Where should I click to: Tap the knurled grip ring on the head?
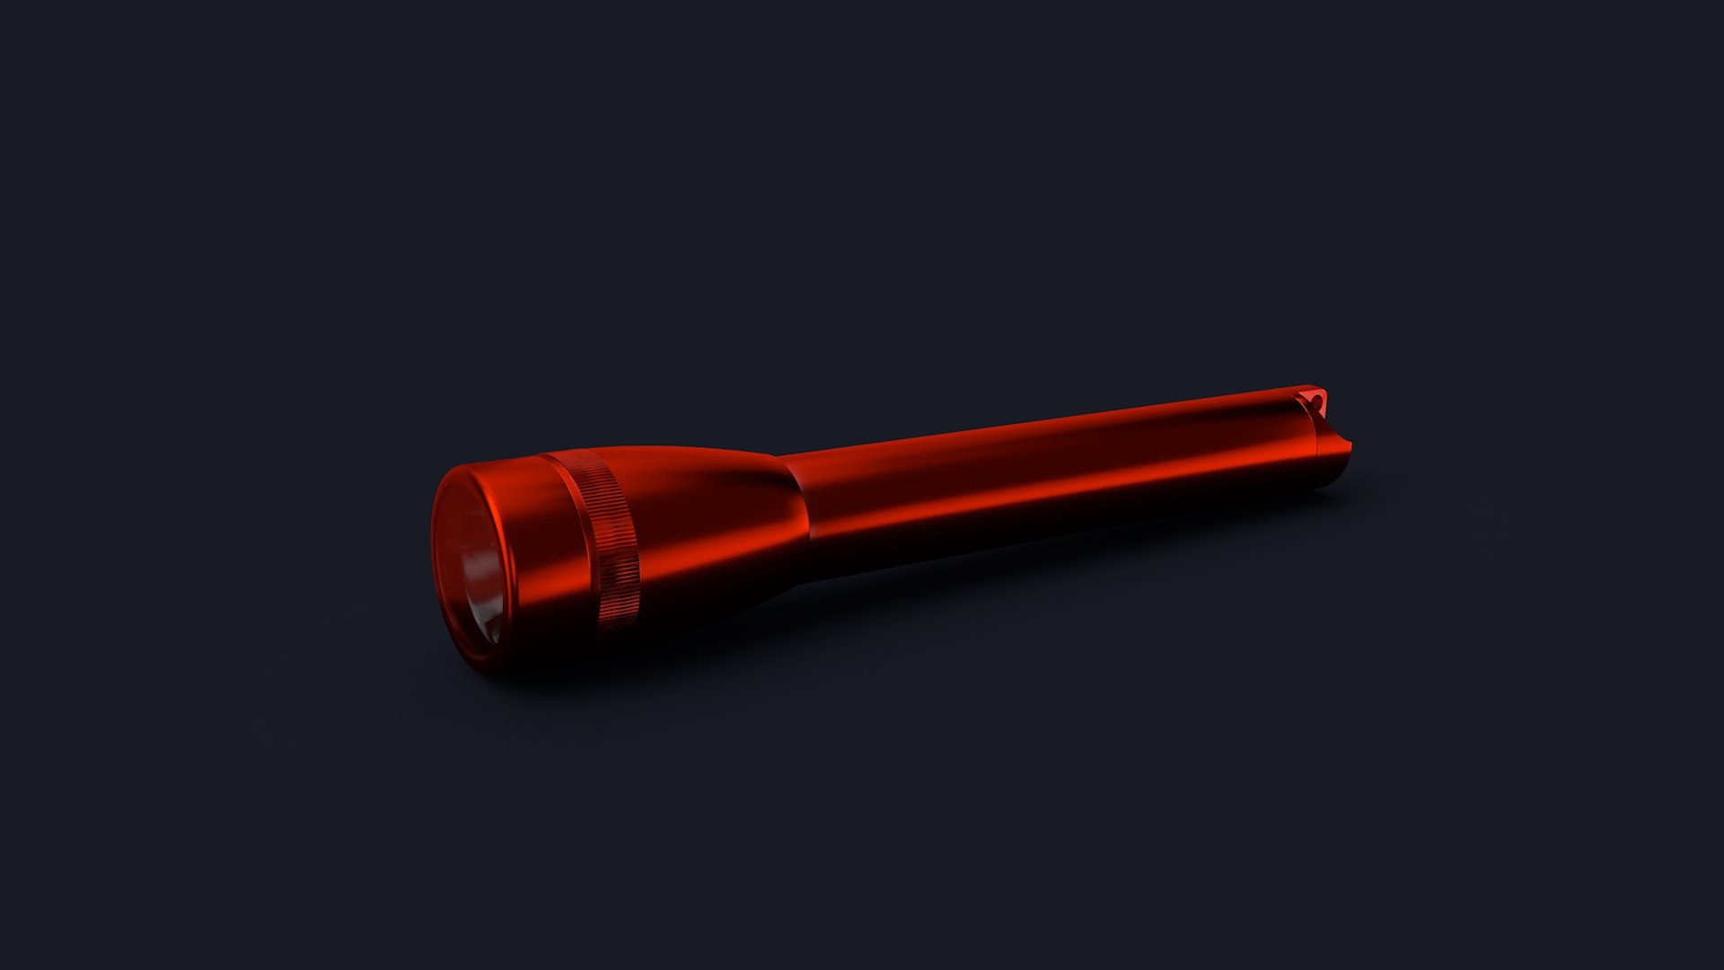tap(611, 539)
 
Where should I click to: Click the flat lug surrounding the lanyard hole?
tap(1311, 400)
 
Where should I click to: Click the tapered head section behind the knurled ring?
tap(709, 530)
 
